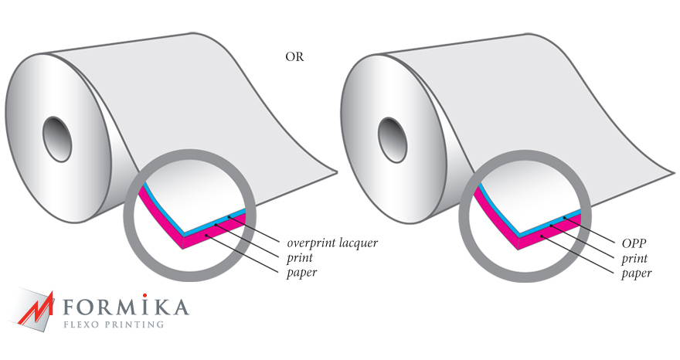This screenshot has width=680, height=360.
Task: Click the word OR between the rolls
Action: point(294,57)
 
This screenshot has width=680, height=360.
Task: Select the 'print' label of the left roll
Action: point(300,257)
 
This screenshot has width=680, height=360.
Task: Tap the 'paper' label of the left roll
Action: point(301,272)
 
